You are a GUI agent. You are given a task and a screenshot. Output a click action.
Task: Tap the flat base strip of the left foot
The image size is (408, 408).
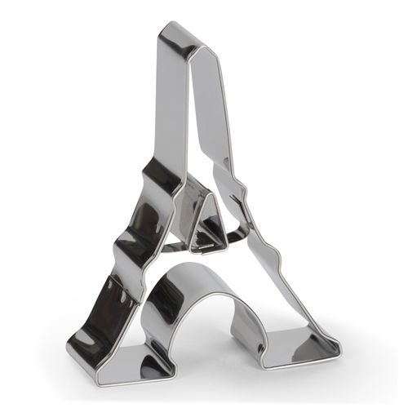coord(122,371)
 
